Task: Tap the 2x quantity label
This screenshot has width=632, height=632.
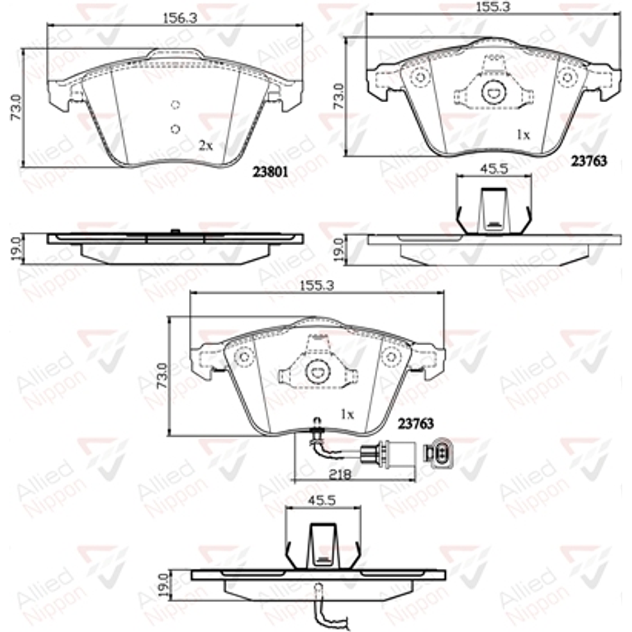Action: (205, 145)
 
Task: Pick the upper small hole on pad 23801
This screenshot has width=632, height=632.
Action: (175, 106)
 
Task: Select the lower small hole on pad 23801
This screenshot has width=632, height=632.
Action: (175, 128)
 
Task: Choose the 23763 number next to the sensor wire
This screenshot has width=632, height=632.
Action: (415, 423)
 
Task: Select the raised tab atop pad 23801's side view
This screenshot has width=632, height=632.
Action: (175, 231)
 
